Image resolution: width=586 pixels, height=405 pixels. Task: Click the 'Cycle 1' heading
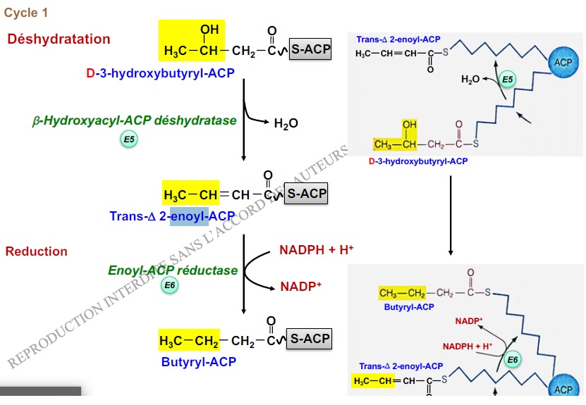(27, 13)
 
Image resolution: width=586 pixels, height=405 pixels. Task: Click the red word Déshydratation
(59, 39)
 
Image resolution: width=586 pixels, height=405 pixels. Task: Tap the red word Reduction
(37, 251)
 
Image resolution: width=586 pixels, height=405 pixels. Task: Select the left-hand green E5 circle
(129, 140)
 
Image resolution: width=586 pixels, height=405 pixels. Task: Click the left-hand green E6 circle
(170, 285)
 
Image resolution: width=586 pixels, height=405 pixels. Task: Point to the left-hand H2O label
(286, 123)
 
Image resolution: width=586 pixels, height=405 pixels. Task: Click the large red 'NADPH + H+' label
(316, 250)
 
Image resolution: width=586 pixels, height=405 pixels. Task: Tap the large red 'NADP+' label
(300, 287)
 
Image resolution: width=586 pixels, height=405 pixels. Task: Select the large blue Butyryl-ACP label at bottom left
(198, 361)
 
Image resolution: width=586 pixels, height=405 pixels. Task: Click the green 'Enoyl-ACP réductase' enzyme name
(173, 270)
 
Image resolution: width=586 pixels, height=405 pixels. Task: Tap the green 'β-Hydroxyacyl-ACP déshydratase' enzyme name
(134, 120)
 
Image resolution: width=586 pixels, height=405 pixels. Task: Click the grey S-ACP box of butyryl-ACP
(310, 339)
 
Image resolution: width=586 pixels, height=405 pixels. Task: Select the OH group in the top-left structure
(209, 30)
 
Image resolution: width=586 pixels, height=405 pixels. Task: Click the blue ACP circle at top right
(563, 63)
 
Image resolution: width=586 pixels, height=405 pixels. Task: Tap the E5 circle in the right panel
(508, 79)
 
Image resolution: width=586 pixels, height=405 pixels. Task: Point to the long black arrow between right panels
(450, 215)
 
